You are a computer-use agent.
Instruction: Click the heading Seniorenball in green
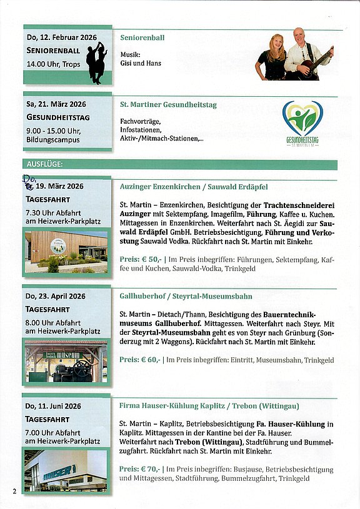pyautogui.click(x=142, y=38)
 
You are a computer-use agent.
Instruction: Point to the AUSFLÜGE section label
pyautogui.click(x=46, y=164)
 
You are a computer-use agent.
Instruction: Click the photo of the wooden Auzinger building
pyautogui.click(x=66, y=253)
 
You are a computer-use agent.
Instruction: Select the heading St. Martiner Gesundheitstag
pyautogui.click(x=168, y=105)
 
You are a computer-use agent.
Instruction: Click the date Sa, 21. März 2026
pyautogui.click(x=56, y=104)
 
